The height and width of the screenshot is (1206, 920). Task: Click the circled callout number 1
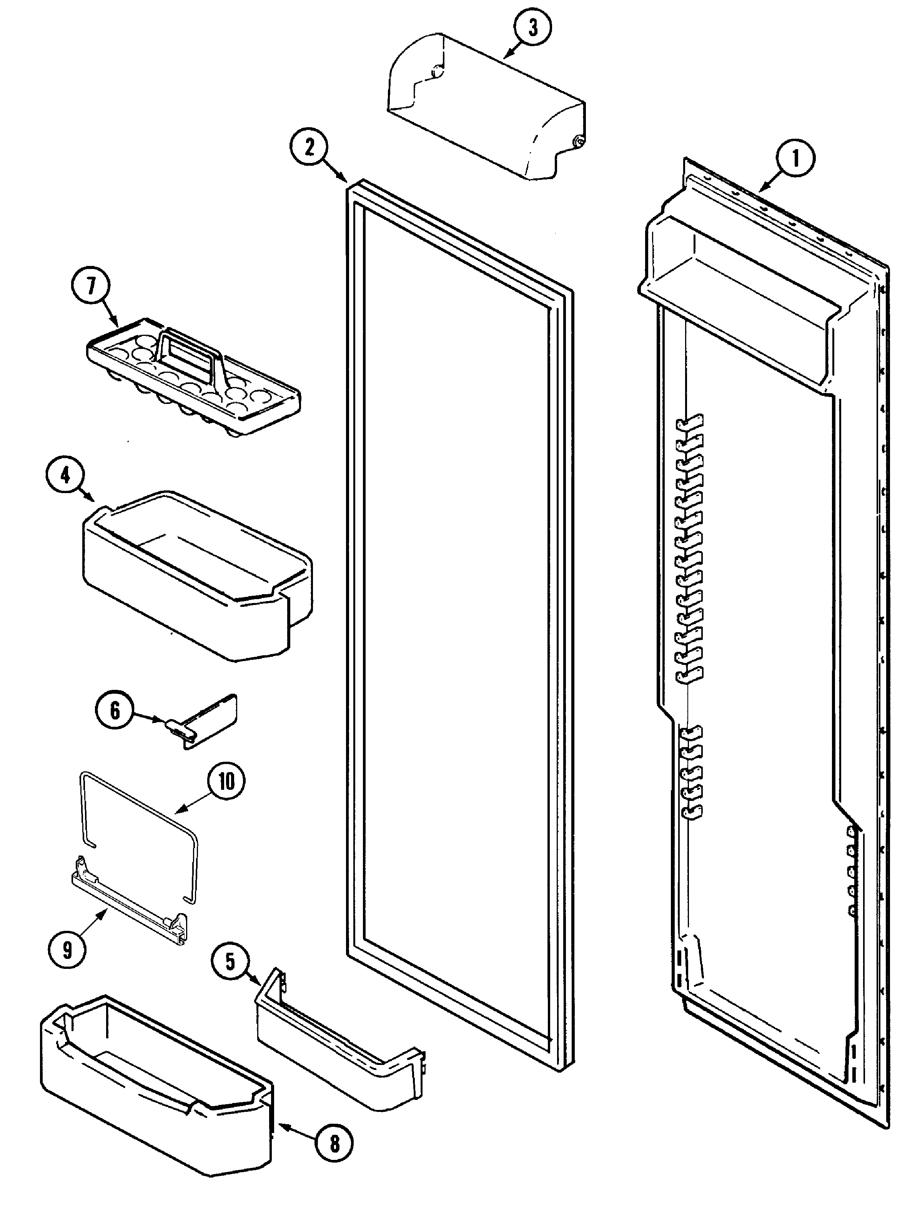(x=795, y=159)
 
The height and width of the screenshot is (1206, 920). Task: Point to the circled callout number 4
(x=65, y=476)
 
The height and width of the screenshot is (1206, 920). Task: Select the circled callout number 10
(x=226, y=781)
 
